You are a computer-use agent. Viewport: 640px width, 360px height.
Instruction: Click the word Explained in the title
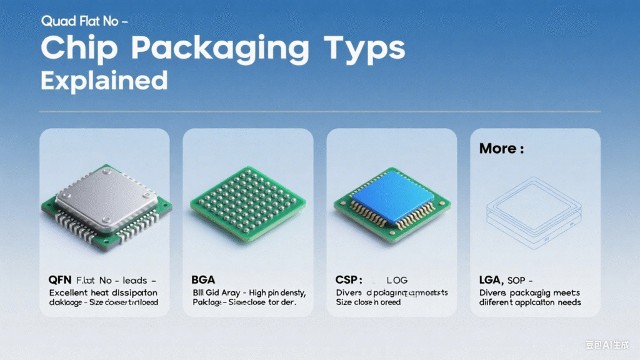(x=104, y=81)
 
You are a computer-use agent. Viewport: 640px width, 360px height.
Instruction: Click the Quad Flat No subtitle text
(x=85, y=21)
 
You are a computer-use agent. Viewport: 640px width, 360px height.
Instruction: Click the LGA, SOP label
(x=502, y=281)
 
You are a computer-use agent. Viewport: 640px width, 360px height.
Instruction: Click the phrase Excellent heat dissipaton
(x=103, y=292)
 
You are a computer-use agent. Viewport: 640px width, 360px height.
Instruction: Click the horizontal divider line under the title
(x=320, y=112)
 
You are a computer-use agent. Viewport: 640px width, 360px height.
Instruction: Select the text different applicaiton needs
(x=530, y=302)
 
